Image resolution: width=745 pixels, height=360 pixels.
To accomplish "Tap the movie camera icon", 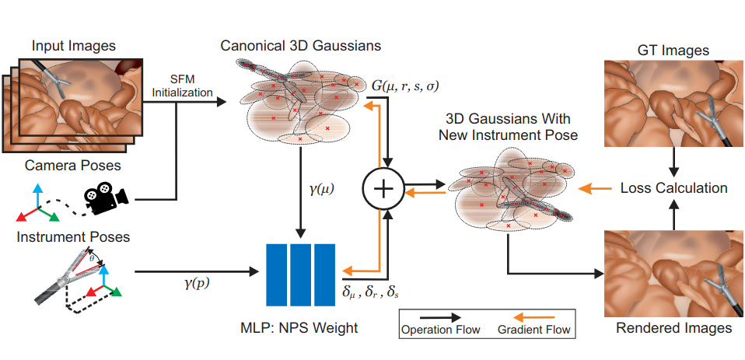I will (105, 199).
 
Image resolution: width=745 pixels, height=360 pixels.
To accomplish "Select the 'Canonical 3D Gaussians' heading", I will (302, 46).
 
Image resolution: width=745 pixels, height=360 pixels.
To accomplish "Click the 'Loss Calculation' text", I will (673, 188).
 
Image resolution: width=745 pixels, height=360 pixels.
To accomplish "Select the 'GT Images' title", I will (673, 51).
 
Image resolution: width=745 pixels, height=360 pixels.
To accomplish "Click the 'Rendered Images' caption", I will (673, 328).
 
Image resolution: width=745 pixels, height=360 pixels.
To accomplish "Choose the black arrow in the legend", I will (435, 318).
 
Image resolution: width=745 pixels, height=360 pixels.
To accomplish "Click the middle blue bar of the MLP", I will (300, 275).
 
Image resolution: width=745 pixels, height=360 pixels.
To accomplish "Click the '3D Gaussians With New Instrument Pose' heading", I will (508, 127).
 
